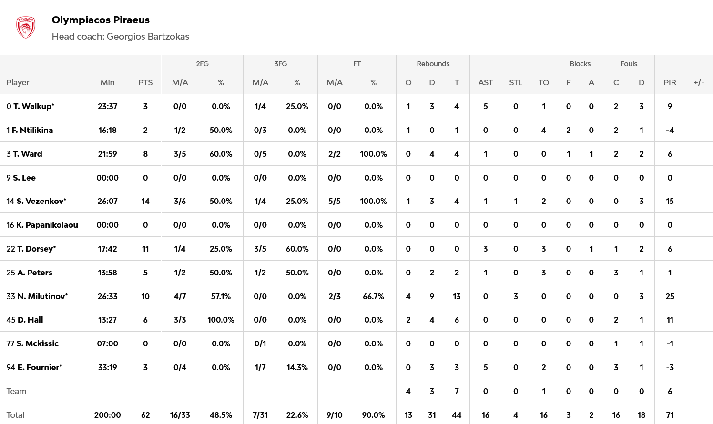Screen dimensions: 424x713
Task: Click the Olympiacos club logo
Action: pyautogui.click(x=26, y=28)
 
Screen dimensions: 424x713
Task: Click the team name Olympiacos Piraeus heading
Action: pyautogui.click(x=101, y=20)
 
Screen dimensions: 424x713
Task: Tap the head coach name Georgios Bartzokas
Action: pyautogui.click(x=148, y=37)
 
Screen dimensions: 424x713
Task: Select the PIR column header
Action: pyautogui.click(x=670, y=82)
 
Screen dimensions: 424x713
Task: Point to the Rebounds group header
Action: pyautogui.click(x=433, y=64)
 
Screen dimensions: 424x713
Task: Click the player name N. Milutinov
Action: pyautogui.click(x=42, y=296)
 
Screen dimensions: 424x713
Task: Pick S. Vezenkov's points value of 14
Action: pyautogui.click(x=145, y=201)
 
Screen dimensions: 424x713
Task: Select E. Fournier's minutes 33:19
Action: pyautogui.click(x=107, y=367)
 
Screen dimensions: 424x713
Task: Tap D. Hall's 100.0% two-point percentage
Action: pyautogui.click(x=221, y=320)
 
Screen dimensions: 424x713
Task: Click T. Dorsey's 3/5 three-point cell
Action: pyautogui.click(x=260, y=249)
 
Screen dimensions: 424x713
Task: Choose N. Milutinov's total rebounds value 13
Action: pyautogui.click(x=457, y=296)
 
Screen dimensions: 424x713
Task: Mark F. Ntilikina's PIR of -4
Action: pyautogui.click(x=670, y=130)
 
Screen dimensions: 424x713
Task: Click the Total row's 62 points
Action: pyautogui.click(x=145, y=415)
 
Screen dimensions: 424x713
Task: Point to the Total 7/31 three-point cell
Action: pyautogui.click(x=260, y=415)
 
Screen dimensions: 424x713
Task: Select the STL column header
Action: pyautogui.click(x=515, y=82)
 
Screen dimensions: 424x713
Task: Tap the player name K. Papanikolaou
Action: pyautogui.click(x=47, y=225)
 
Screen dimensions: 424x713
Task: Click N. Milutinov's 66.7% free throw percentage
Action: pyautogui.click(x=373, y=296)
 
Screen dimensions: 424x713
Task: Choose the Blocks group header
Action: pyautogui.click(x=580, y=64)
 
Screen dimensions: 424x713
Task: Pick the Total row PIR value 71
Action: pyautogui.click(x=670, y=415)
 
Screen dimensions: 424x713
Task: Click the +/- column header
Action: pyautogui.click(x=699, y=82)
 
